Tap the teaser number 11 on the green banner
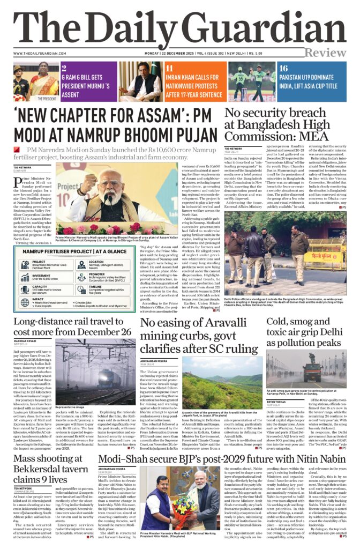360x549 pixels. (x=170, y=69)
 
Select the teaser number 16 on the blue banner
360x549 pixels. (x=283, y=69)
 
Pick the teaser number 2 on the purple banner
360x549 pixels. (x=64, y=69)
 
